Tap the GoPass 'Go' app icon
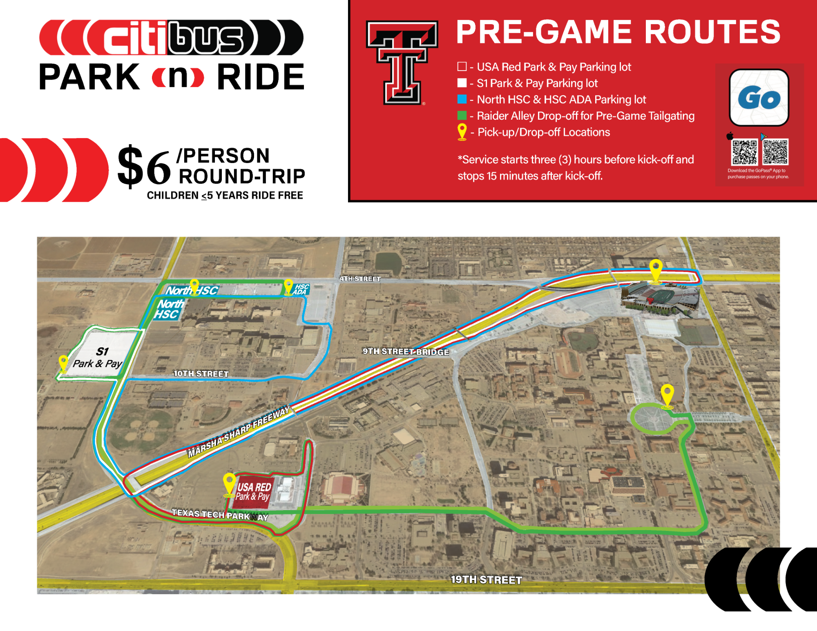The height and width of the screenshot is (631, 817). pyautogui.click(x=759, y=98)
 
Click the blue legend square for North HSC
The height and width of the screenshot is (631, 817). pyautogui.click(x=462, y=99)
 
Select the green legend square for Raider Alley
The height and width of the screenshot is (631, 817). pyautogui.click(x=462, y=116)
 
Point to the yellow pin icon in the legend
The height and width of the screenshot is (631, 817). pyautogui.click(x=462, y=132)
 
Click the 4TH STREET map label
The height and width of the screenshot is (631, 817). pyautogui.click(x=360, y=279)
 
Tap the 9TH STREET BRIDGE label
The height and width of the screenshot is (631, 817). pyautogui.click(x=406, y=352)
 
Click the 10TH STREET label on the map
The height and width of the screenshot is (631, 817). pyautogui.click(x=201, y=373)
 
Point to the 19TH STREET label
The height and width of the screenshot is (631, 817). pyautogui.click(x=486, y=580)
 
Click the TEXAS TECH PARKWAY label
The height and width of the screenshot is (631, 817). pyautogui.click(x=220, y=515)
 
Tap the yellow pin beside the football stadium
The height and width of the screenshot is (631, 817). pyautogui.click(x=656, y=270)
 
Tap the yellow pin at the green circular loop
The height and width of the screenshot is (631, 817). pyautogui.click(x=667, y=395)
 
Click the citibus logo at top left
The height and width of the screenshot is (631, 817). pyautogui.click(x=171, y=38)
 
